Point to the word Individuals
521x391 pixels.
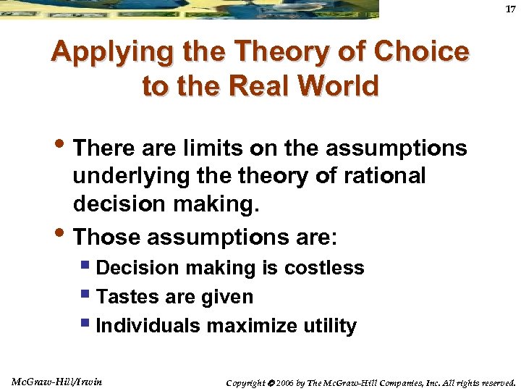pyautogui.click(x=148, y=326)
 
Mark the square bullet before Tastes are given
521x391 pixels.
pyautogui.click(x=88, y=296)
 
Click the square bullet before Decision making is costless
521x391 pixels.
pyautogui.click(x=88, y=267)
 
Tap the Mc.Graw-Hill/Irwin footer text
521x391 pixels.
pyautogui.click(x=57, y=381)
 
